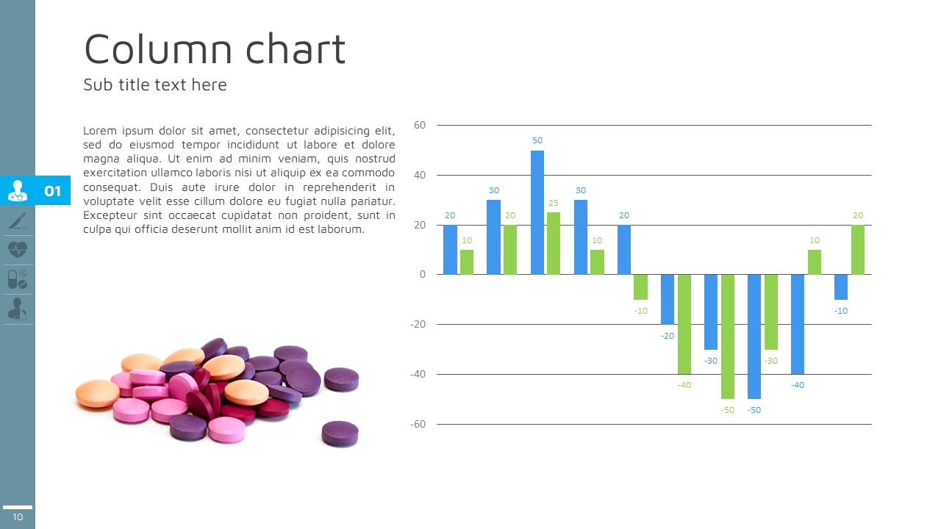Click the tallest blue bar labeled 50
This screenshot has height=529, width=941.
(537, 212)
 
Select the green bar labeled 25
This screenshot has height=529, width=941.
(554, 243)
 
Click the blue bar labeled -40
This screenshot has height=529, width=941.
(798, 323)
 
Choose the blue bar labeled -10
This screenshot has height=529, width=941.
(841, 287)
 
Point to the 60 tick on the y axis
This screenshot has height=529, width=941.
(420, 126)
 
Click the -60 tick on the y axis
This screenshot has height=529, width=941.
(418, 425)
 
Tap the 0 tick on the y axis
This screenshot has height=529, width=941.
(423, 275)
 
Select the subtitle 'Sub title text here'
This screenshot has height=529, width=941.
(155, 85)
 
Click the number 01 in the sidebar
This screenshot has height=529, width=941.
(53, 192)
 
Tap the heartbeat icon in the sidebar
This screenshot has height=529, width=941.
(18, 250)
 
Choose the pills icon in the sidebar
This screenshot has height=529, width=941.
(18, 280)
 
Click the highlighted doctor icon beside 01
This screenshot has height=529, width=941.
(18, 191)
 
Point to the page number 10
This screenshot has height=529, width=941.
(18, 517)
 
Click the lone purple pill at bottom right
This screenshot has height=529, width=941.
(340, 433)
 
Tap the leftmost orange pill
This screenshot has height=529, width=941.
(97, 393)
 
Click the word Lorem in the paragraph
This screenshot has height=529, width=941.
(100, 131)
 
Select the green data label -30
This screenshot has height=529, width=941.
(771, 361)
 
